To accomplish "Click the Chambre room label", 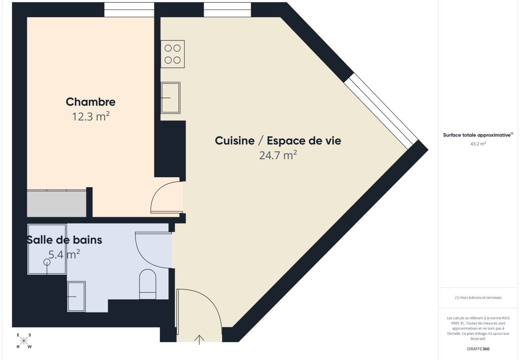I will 90,102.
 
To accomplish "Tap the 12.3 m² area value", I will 90,117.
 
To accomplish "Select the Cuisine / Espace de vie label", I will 278,141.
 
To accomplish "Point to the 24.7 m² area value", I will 278,155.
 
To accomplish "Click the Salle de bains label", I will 64,240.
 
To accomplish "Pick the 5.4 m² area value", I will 64,254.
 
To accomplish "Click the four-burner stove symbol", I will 172,54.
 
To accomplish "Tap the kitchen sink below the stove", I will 170,98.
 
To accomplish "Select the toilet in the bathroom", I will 147,284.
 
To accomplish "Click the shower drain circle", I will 47,262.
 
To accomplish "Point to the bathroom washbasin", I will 76,296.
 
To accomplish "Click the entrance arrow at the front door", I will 199,339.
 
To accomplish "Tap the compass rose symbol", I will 24,341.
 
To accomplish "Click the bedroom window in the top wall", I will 129,10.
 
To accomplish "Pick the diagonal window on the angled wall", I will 381,111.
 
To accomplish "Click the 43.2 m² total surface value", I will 478,144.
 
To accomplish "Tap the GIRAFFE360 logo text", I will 478,349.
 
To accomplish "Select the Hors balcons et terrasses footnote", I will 478,298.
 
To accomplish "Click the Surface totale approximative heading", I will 478,135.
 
